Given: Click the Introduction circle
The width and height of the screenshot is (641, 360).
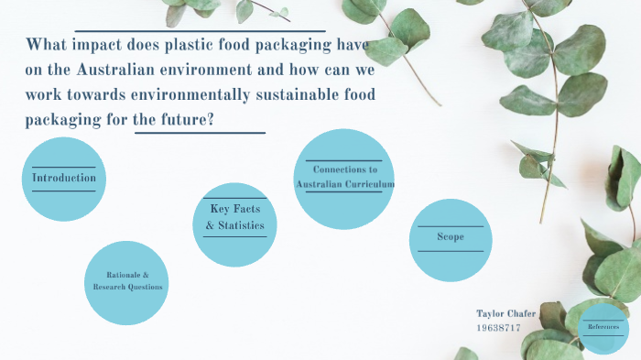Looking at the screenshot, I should [64, 179].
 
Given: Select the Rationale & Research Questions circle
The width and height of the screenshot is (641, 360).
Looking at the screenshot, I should [127, 282].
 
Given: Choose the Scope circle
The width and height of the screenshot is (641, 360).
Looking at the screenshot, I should [451, 238].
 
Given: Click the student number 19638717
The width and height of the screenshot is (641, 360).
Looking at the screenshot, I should [498, 327].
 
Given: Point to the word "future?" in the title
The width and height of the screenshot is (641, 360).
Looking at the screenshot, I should [199, 121].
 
